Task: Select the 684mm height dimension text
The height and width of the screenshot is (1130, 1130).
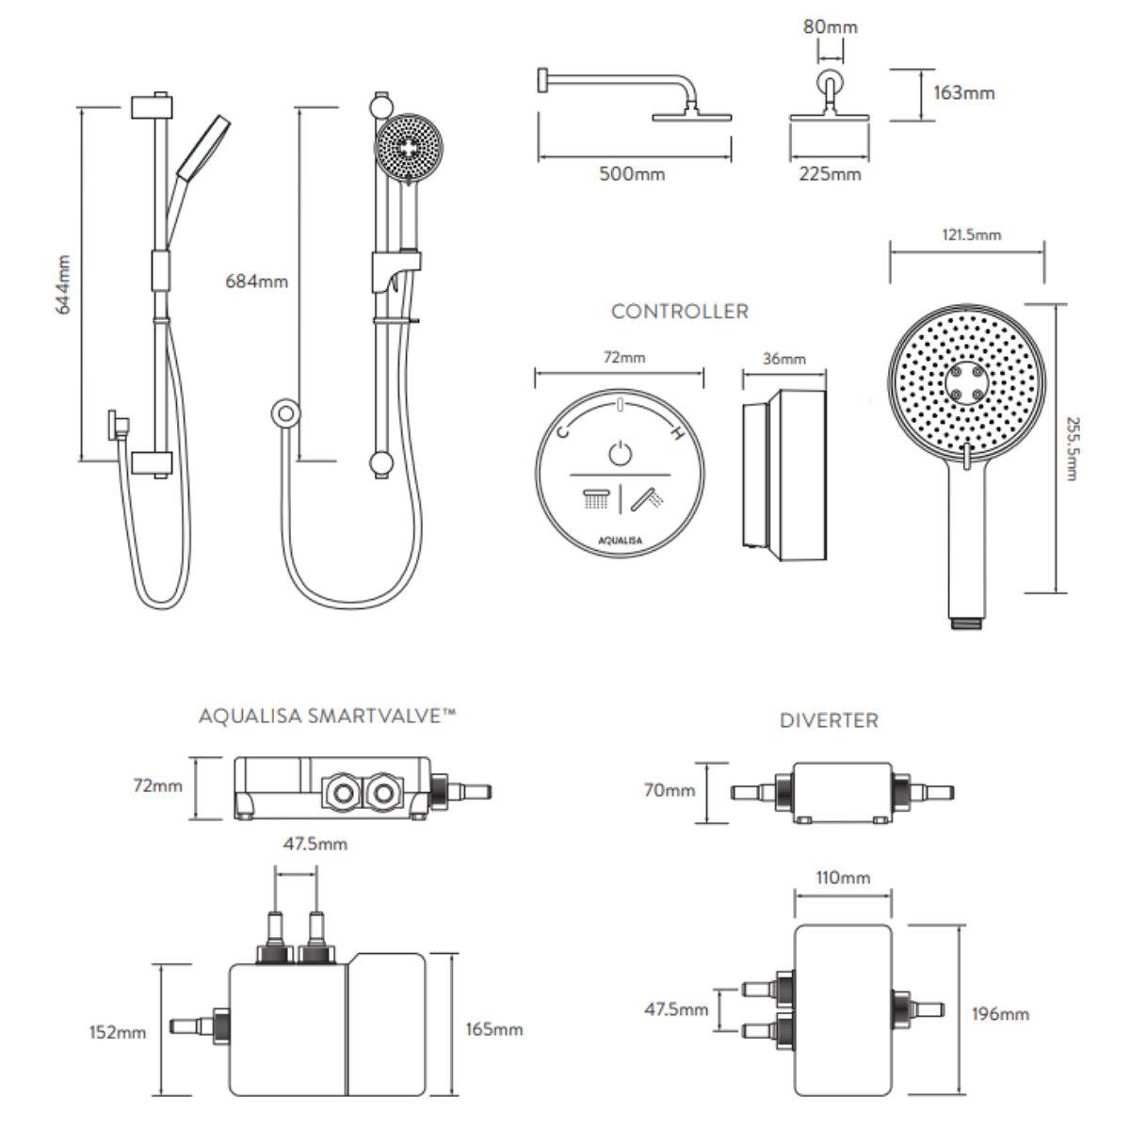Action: [256, 282]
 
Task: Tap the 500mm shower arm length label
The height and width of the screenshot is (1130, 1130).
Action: [632, 174]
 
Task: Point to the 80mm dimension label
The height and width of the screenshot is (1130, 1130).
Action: [830, 27]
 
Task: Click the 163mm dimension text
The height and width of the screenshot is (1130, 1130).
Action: [963, 93]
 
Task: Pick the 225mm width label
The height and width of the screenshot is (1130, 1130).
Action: [830, 174]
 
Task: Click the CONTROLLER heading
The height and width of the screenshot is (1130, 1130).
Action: [679, 312]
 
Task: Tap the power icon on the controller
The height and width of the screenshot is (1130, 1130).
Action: [620, 453]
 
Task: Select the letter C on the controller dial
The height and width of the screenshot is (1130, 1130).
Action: [564, 432]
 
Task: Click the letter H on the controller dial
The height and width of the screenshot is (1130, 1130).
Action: [676, 433]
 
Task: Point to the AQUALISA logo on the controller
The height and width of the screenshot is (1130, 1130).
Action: [621, 541]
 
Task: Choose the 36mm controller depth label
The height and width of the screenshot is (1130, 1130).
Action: [783, 359]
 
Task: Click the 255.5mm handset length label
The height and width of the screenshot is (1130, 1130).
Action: [1072, 449]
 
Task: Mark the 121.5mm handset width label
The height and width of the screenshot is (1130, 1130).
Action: [972, 234]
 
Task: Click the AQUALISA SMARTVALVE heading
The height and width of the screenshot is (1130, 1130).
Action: [327, 717]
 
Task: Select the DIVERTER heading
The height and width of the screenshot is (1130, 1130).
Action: [829, 721]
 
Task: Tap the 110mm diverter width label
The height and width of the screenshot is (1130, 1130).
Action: [842, 878]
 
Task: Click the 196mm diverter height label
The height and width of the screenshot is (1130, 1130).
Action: [1000, 1014]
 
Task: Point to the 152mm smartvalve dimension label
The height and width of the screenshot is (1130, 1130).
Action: [118, 1033]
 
